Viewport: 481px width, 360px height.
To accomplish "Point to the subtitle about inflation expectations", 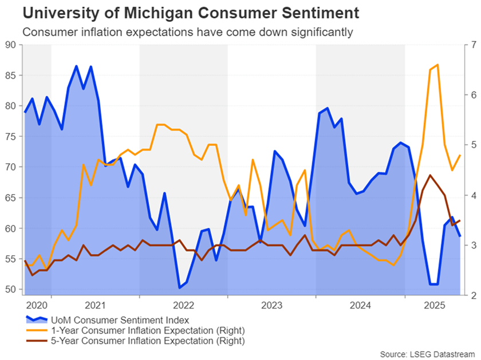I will [187, 31].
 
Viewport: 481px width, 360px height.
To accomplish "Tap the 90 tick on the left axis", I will [10, 45].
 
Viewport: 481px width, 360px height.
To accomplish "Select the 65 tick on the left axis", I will [10, 198].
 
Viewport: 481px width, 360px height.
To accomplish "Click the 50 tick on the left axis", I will [10, 290].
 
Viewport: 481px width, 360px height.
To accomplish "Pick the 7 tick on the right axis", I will [472, 45].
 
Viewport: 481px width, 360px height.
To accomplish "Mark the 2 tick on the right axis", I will [472, 296].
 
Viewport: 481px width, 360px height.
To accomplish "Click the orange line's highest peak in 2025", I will [437, 65].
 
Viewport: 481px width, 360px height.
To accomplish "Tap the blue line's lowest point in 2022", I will [180, 287].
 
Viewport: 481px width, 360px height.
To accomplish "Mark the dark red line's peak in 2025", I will [430, 175].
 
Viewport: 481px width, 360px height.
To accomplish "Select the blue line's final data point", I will [460, 236].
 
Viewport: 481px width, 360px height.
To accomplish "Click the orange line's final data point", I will [460, 156].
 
